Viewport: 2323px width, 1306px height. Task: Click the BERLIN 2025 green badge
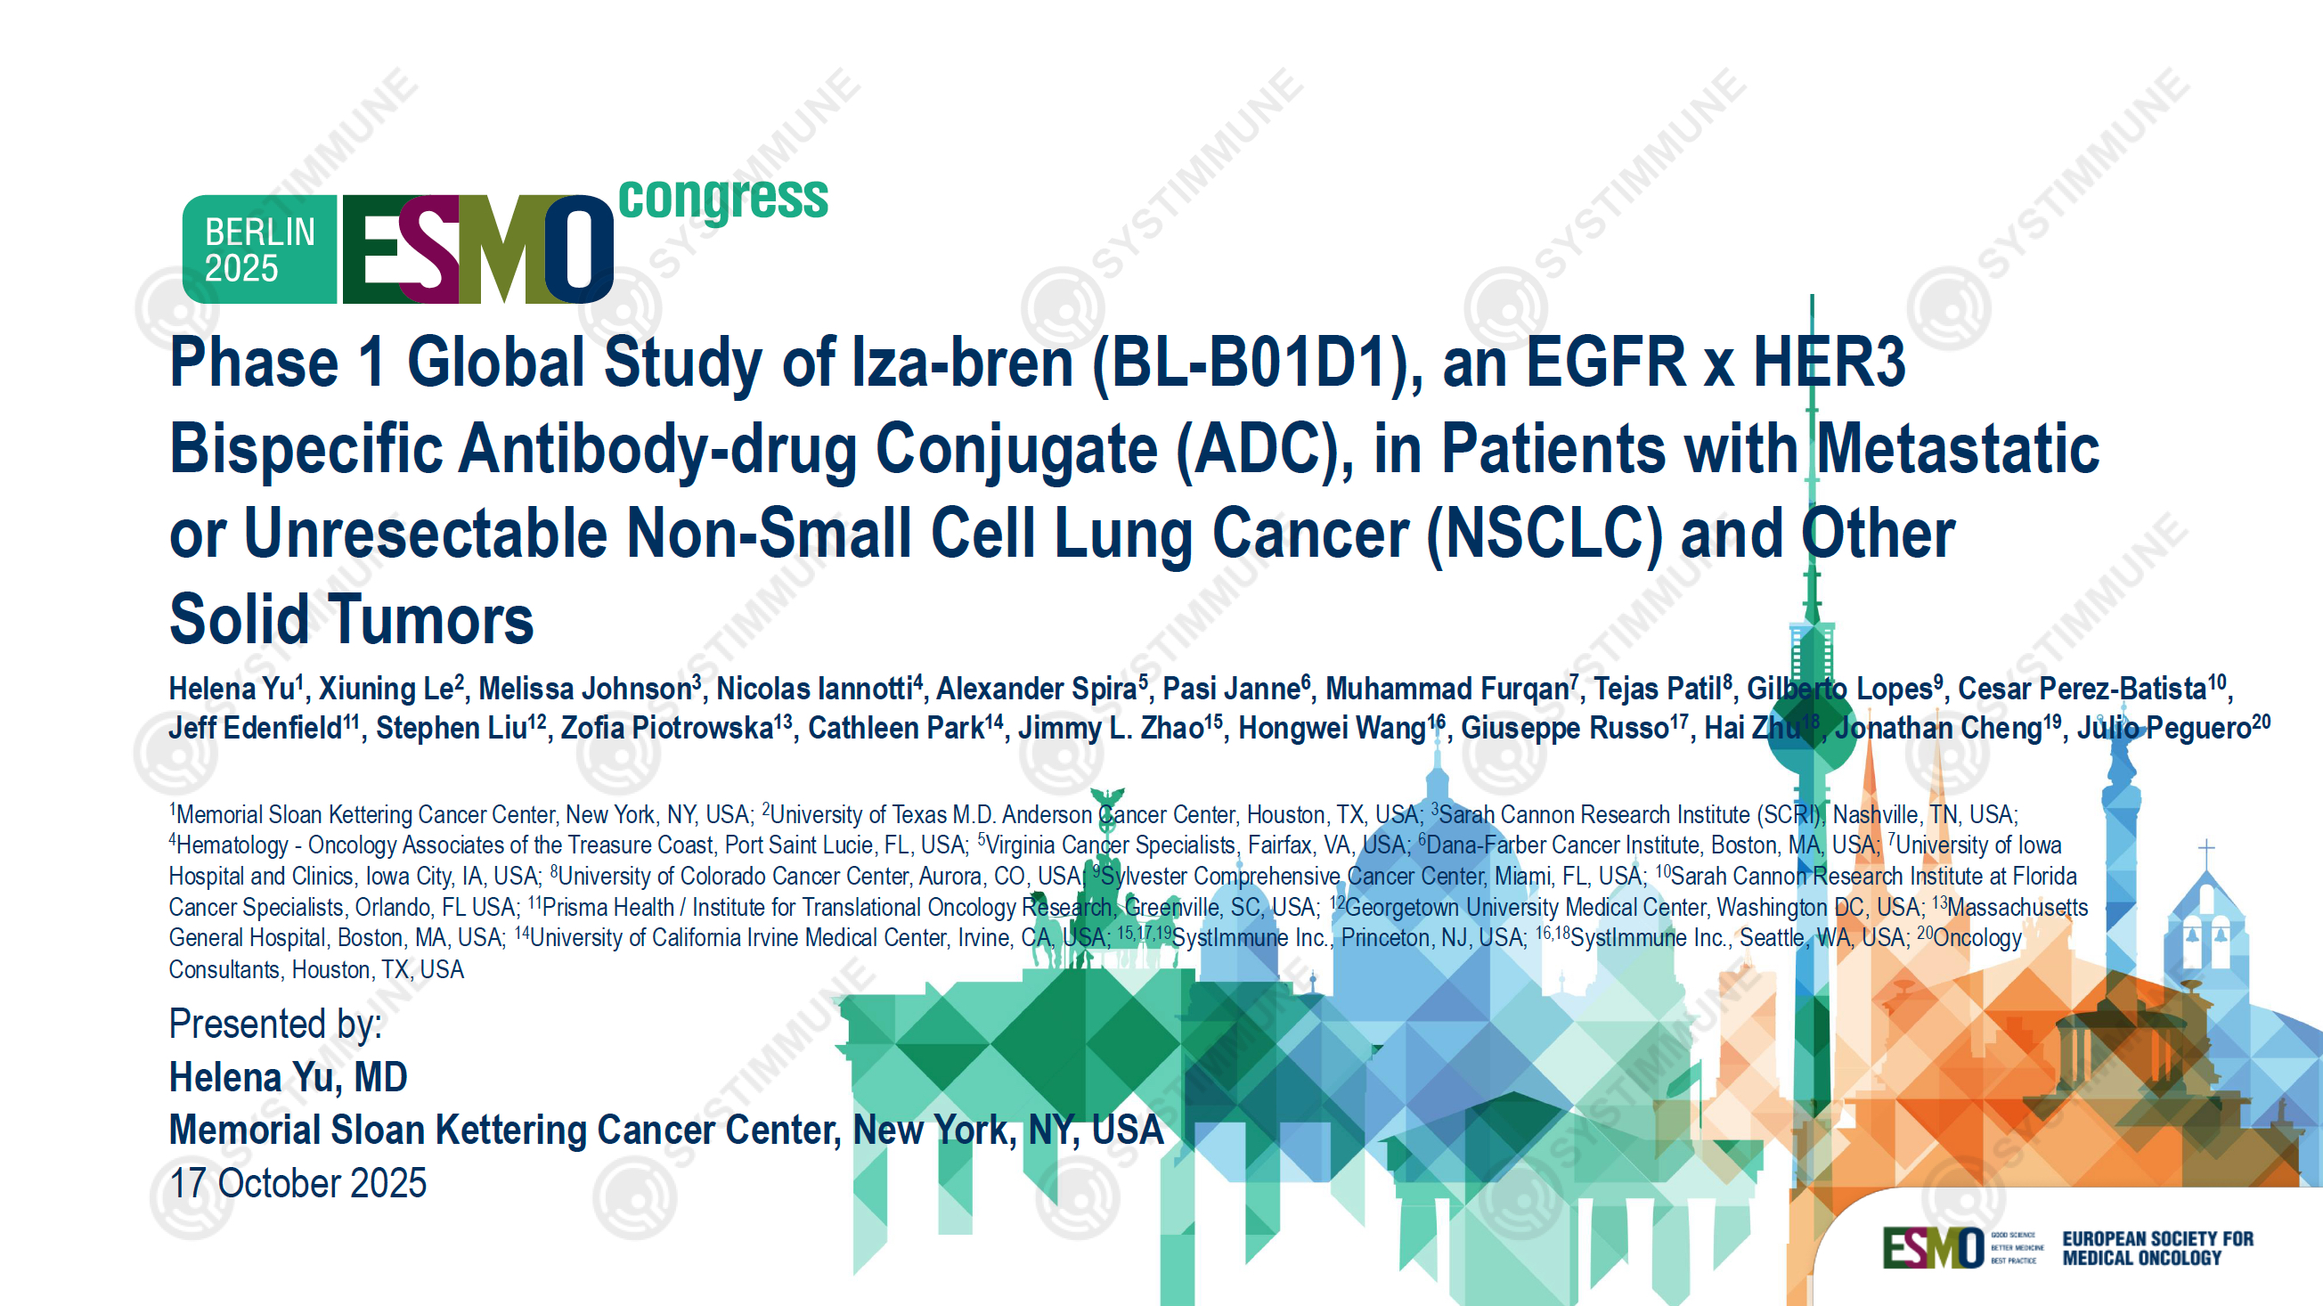[x=260, y=249]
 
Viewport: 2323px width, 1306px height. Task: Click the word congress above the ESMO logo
[x=723, y=198]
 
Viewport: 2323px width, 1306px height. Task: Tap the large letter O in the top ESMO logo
[x=577, y=249]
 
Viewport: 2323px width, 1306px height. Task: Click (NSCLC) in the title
[x=1544, y=534]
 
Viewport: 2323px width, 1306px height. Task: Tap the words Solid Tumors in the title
[x=352, y=621]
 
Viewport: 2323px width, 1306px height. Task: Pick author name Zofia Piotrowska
[x=667, y=729]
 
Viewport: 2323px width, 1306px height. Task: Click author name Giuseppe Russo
[x=1565, y=729]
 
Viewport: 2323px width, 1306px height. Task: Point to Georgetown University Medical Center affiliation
[x=1524, y=908]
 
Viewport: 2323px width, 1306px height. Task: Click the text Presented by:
[x=275, y=1024]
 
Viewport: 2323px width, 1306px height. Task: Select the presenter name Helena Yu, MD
[x=289, y=1078]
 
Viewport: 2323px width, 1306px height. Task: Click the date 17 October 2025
[x=298, y=1183]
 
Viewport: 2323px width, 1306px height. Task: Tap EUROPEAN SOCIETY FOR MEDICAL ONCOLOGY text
[x=2157, y=1248]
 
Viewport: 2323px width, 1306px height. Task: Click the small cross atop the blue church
[x=2206, y=850]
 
